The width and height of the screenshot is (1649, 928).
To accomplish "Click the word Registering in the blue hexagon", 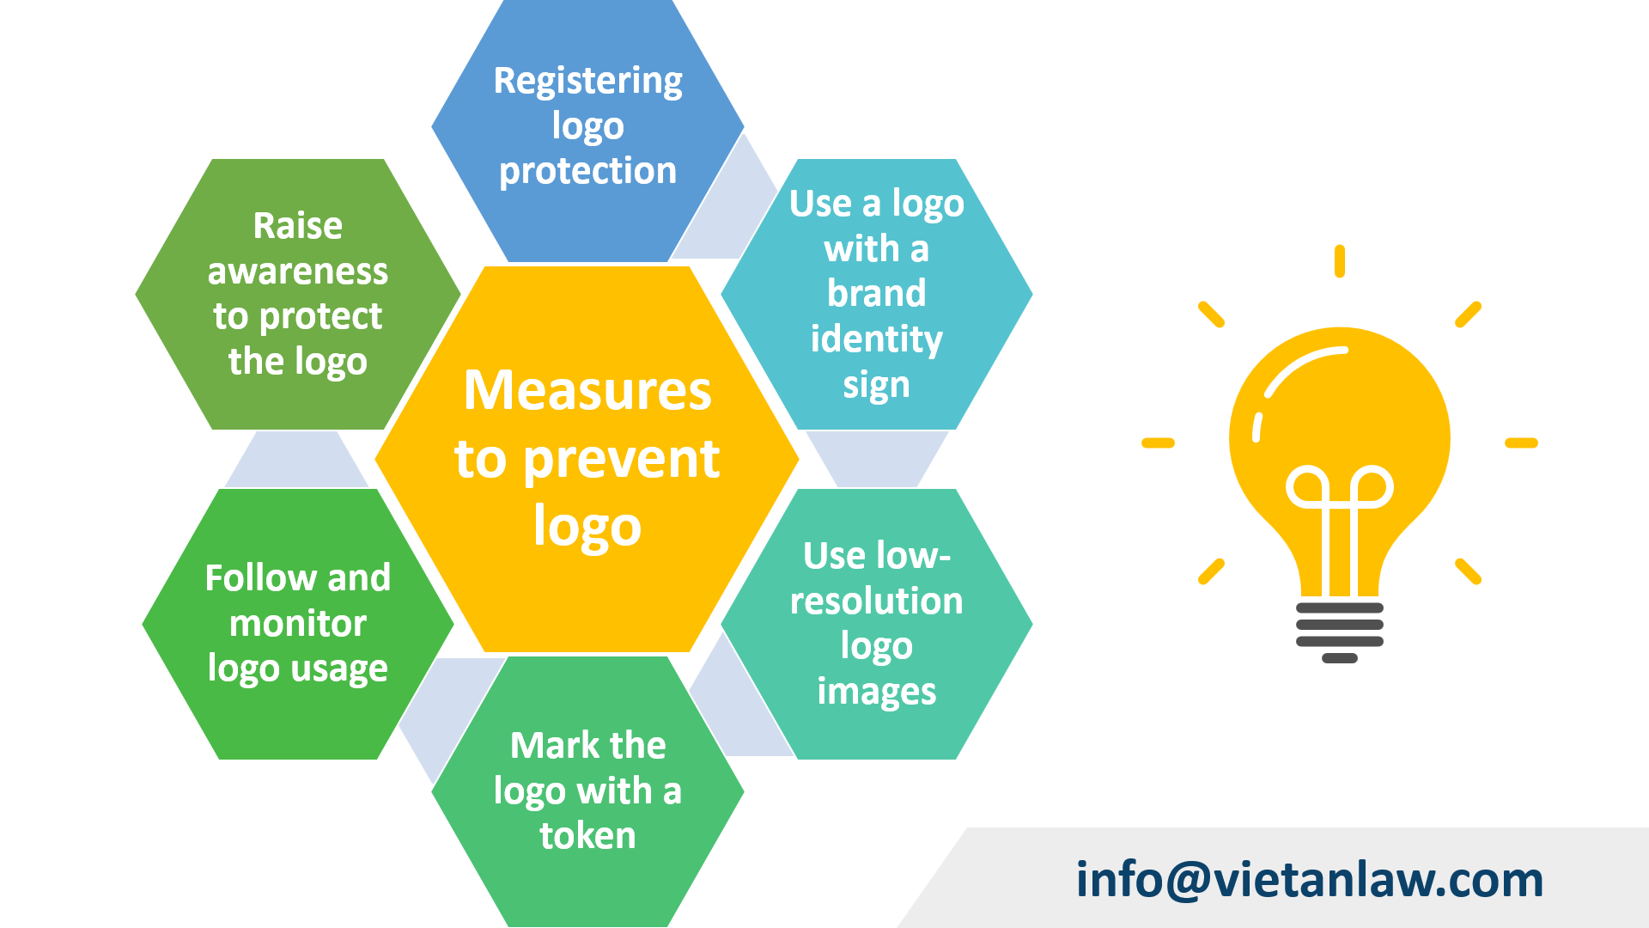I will coord(587,82).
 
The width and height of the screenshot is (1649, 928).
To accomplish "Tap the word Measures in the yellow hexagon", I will coord(587,390).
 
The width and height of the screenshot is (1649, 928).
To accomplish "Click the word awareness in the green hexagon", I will coord(297,272).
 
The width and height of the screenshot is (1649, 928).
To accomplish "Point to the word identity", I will coord(876,339).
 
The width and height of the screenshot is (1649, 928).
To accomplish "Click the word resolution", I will coord(876,601).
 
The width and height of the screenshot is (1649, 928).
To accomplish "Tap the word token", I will coord(587,836).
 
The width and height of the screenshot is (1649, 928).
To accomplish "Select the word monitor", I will coord(297,624).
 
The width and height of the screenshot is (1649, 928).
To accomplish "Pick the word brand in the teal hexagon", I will coord(876,294).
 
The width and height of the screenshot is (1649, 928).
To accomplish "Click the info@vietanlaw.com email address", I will coord(1309,880).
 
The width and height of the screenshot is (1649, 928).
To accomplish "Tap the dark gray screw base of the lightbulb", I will coord(1339,632).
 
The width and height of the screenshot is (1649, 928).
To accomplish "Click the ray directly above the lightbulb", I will coord(1339,261).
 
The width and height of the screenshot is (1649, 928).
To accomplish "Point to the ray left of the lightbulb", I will coord(1158,443).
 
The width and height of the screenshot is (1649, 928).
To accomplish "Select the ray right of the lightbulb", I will coord(1521,443).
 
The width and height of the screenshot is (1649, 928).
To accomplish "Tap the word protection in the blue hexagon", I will coord(587,172).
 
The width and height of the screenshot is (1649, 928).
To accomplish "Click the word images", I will coord(876,692).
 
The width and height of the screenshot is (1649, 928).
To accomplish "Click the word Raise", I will coord(297,227).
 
